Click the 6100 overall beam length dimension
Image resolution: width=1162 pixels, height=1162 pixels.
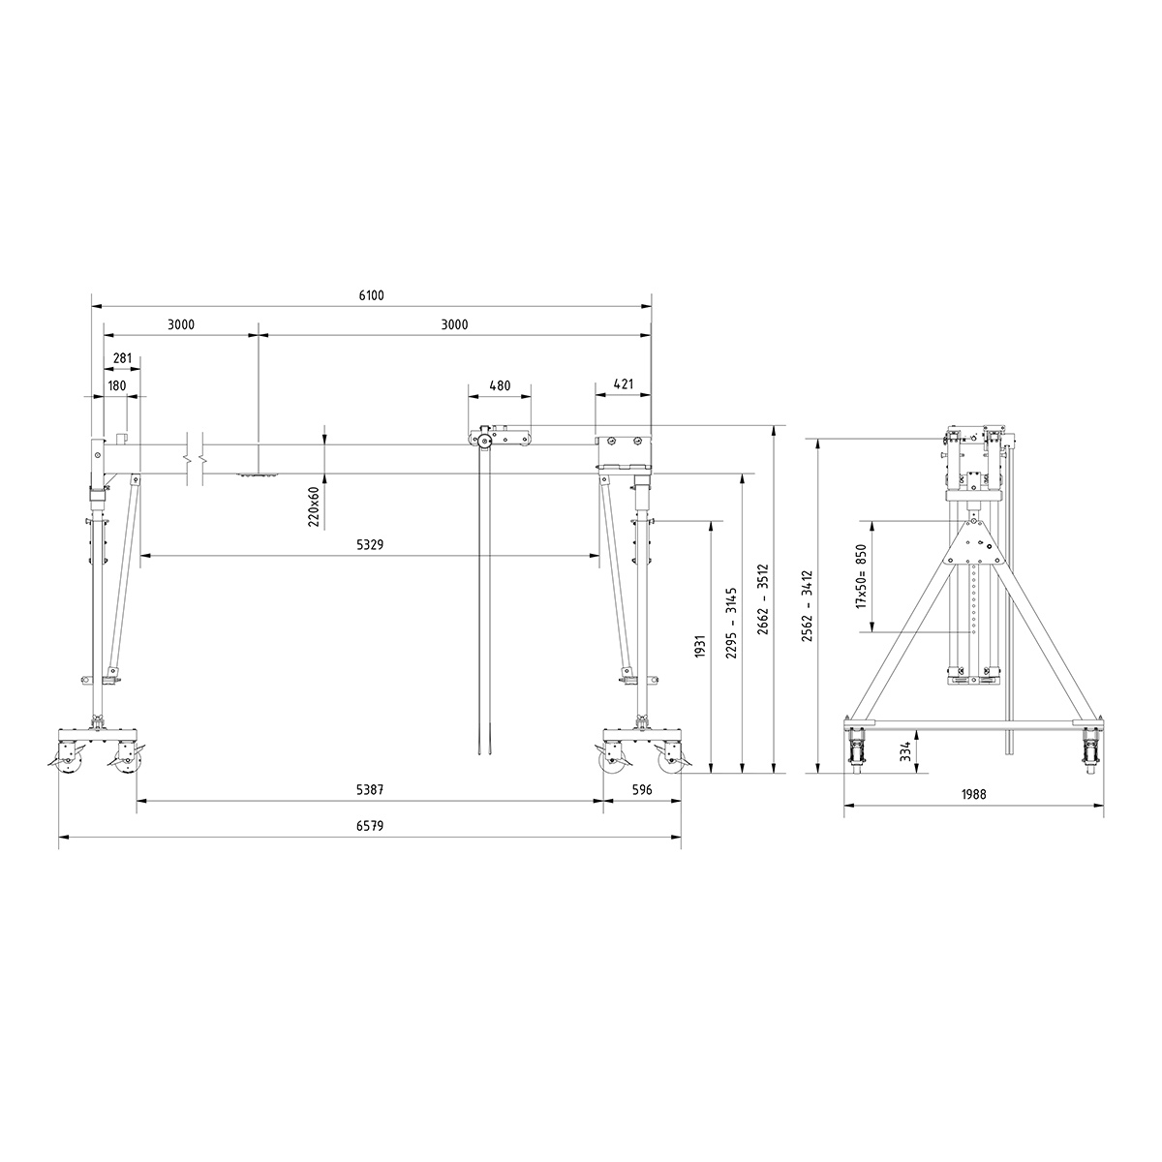point(371,295)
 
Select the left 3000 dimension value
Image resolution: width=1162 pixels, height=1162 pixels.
point(181,325)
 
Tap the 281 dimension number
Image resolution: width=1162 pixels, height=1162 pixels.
point(122,358)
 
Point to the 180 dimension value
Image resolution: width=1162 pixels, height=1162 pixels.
point(117,386)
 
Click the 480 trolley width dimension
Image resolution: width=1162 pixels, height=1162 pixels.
point(500,385)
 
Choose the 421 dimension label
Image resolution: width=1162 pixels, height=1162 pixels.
point(624,384)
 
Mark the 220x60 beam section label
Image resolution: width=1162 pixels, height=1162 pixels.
point(314,506)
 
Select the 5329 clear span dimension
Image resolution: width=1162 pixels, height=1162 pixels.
point(370,546)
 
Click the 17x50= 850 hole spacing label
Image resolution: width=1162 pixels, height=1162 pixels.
point(860,576)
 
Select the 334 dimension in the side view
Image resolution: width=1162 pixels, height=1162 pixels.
point(904,751)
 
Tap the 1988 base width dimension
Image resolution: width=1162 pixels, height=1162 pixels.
point(974,794)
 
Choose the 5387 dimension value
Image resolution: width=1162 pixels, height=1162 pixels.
point(370,790)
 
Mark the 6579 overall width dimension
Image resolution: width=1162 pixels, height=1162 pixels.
point(370,826)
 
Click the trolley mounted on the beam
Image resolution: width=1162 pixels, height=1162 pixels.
point(499,438)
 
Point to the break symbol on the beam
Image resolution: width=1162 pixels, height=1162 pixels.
point(194,456)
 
